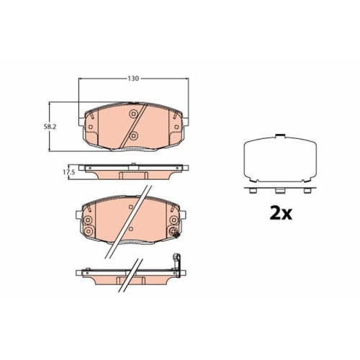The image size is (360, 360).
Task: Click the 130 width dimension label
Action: [133, 78]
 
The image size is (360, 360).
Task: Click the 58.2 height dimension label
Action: [50, 127]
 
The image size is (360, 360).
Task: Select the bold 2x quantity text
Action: [281, 213]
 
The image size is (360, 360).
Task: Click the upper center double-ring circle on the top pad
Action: [133, 114]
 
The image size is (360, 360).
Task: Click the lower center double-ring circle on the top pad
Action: [133, 136]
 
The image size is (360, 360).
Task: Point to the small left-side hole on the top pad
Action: [91, 127]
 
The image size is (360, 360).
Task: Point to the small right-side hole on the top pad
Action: [176, 127]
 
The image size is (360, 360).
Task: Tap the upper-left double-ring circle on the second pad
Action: [88, 220]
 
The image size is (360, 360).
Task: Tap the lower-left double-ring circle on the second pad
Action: [88, 231]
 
